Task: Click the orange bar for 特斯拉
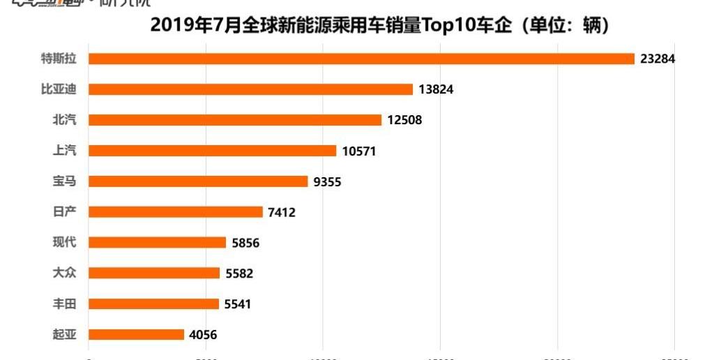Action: tap(361, 59)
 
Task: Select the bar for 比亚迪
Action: tap(251, 89)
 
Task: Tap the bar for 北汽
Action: tap(235, 120)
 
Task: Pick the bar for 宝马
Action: tap(198, 181)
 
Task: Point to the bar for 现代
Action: tap(158, 243)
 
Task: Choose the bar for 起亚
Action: tap(137, 335)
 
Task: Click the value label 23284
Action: tap(658, 59)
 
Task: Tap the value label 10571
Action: tap(359, 151)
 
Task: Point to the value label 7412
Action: tap(282, 212)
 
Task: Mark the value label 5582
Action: tap(239, 273)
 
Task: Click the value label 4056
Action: tap(203, 335)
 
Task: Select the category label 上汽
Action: tap(65, 151)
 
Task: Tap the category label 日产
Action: tap(65, 212)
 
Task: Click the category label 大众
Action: tap(65, 273)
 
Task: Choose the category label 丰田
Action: tap(65, 304)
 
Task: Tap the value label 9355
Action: tap(327, 181)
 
